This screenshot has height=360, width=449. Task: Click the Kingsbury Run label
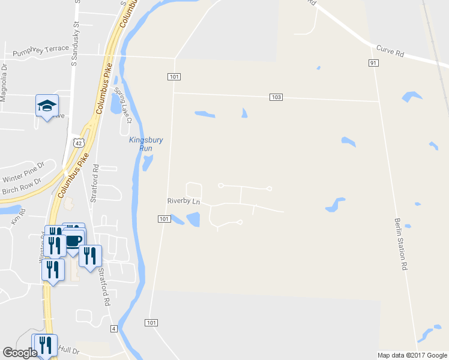[146, 144]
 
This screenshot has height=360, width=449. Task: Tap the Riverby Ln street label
[183, 202]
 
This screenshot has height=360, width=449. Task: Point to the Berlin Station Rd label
[401, 243]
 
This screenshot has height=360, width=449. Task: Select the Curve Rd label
[390, 51]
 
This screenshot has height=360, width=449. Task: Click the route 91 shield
[373, 62]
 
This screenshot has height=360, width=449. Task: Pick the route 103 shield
[276, 97]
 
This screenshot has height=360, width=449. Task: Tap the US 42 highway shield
[78, 142]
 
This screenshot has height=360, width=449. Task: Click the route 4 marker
[113, 329]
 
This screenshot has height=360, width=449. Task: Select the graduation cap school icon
[47, 106]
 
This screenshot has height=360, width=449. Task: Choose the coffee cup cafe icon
[74, 241]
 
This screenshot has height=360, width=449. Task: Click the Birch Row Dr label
[21, 187]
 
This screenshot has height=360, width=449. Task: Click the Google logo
[20, 353]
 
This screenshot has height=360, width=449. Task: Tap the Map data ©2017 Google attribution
[412, 355]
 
